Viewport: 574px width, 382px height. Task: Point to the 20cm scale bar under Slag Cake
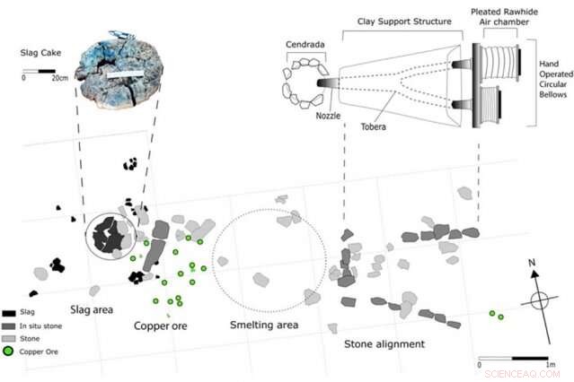(x=41, y=72)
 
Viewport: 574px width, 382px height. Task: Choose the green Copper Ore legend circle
(x=8, y=352)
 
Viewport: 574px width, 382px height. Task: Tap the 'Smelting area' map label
(x=264, y=325)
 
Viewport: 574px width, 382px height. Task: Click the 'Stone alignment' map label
(x=384, y=343)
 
